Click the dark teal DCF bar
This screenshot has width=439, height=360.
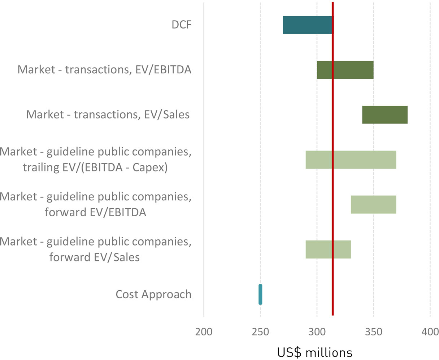307,25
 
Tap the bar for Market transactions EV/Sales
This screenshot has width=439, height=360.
385,115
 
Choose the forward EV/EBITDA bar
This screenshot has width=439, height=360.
373,204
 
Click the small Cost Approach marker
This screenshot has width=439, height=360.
260,294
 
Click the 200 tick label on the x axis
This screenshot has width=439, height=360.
204,331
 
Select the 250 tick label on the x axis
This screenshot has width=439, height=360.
260,331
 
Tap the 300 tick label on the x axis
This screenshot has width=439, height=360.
317,331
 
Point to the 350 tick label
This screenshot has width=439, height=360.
373,331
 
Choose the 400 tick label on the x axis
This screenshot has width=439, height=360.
430,331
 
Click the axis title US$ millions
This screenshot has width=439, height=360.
314,352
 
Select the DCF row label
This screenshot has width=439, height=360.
181,25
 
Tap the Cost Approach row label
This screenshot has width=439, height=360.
153,294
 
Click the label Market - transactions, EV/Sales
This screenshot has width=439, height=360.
108,115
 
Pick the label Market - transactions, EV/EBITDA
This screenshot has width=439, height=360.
104,69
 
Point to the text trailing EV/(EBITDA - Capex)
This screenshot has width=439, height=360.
95,168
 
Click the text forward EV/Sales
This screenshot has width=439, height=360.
95,257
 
